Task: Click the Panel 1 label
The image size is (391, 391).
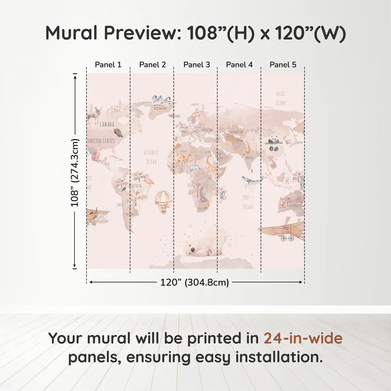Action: [108, 65]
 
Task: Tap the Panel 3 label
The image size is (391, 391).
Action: [197, 65]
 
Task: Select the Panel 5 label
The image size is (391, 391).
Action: [283, 65]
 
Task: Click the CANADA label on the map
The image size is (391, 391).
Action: [107, 125]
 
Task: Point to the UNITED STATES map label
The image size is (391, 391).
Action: [101, 141]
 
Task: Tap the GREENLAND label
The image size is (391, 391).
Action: [160, 108]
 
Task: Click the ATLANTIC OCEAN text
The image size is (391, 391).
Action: [152, 157]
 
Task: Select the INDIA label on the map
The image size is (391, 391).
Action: [249, 158]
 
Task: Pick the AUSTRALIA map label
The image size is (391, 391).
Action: [295, 206]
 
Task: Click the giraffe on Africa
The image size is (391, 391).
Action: [211, 167]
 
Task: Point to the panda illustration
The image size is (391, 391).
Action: [274, 143]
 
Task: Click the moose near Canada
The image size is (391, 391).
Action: [94, 115]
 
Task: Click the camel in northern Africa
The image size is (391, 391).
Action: [183, 160]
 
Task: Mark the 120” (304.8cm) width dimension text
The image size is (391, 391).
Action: [194, 282]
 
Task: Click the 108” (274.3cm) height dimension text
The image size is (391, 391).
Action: [75, 173]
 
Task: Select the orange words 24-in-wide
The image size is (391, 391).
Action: [303, 338]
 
